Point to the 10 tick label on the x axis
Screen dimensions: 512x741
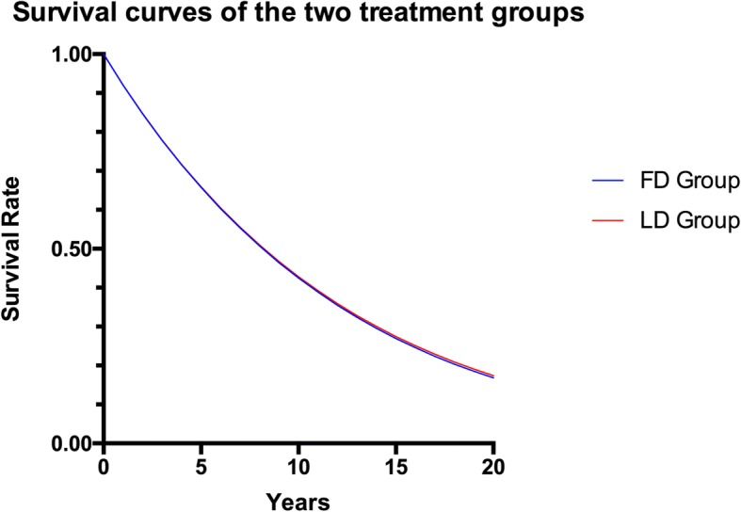point(298,466)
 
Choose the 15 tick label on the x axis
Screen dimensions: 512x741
point(396,466)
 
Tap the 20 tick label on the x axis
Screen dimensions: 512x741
point(493,466)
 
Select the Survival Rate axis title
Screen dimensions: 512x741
point(16,249)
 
